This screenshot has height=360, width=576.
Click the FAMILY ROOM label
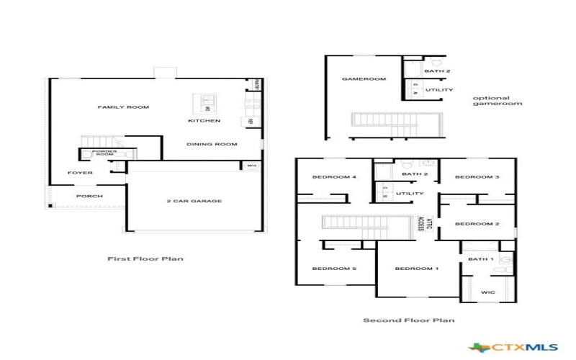click(123, 107)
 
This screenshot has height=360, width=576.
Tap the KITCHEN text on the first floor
click(204, 120)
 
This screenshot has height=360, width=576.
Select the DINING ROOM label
click(212, 144)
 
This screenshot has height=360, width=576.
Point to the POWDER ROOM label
click(104, 153)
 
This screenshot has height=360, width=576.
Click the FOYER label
click(80, 173)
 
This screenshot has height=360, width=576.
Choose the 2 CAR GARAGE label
click(194, 201)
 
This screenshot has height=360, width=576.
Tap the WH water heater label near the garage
click(251, 166)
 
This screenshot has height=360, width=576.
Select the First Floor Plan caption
click(145, 258)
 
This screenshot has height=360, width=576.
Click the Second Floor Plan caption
click(408, 320)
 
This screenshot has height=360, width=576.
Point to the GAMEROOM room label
click(364, 78)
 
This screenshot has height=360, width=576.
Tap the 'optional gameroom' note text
click(497, 101)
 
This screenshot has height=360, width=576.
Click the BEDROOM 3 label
click(477, 176)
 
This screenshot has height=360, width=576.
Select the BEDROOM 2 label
click(477, 224)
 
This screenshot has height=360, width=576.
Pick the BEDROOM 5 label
click(334, 269)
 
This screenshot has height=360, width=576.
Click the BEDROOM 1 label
click(417, 269)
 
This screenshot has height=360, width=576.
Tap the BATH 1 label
click(481, 258)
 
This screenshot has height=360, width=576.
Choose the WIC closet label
click(487, 292)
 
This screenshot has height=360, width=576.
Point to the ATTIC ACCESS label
click(426, 223)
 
